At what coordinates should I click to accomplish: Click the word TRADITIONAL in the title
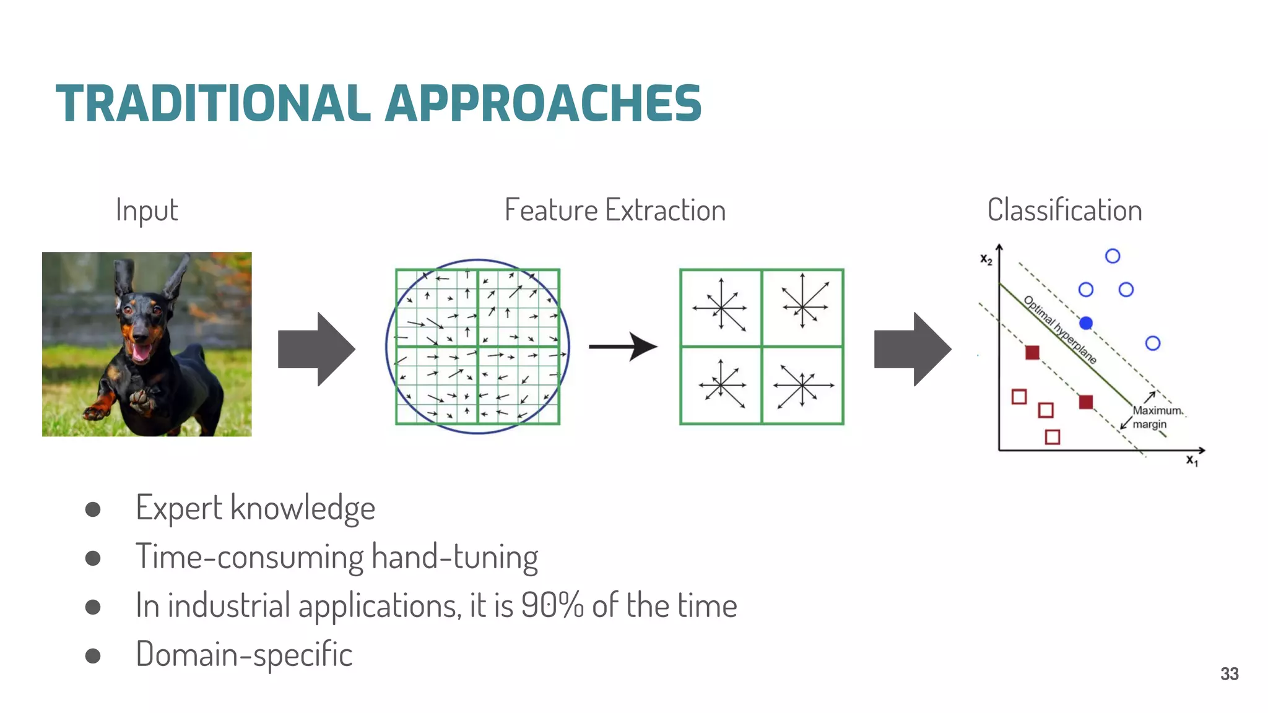click(213, 103)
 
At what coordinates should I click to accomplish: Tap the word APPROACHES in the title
click(543, 103)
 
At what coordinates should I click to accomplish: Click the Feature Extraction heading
click(615, 210)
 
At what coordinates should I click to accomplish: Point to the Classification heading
click(1064, 210)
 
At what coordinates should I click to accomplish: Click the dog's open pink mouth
click(141, 352)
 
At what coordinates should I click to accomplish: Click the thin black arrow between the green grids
click(623, 347)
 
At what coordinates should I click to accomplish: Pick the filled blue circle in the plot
click(1086, 323)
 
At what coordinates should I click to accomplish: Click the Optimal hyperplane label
click(1060, 330)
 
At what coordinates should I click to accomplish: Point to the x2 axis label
click(986, 260)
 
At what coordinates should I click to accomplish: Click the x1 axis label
click(1192, 460)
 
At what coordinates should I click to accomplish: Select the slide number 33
click(1229, 674)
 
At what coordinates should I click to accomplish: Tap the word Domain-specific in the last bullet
click(244, 655)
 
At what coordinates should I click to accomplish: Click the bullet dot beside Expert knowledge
click(93, 509)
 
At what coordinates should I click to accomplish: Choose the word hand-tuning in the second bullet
click(455, 557)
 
